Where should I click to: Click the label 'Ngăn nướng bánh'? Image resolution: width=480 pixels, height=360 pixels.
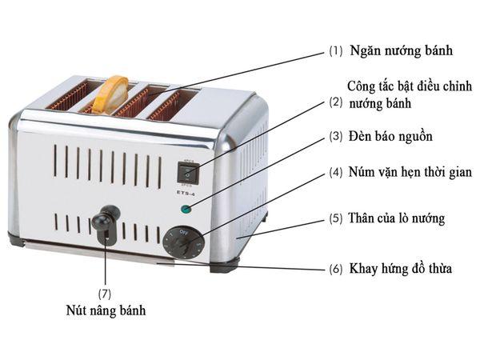[x=401, y=50]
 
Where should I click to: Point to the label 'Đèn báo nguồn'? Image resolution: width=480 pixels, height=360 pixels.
[x=390, y=137]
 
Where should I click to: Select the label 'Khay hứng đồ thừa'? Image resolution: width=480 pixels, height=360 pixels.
[x=400, y=269]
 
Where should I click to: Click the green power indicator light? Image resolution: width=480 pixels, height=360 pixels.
[x=186, y=210]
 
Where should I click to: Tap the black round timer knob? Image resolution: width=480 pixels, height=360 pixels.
[x=181, y=241]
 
